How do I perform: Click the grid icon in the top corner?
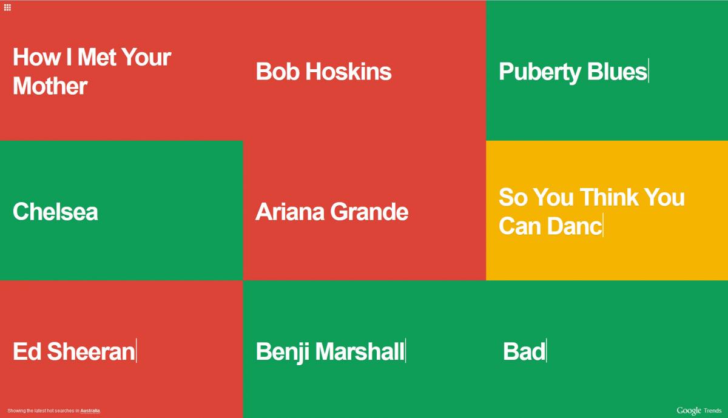[7, 7]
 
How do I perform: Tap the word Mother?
[50, 86]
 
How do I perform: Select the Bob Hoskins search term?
[323, 72]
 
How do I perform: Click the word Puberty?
[539, 72]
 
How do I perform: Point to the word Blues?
[617, 72]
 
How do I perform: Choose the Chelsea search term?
[55, 212]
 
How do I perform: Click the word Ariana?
[290, 212]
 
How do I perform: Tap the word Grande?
[369, 212]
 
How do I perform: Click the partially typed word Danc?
[575, 226]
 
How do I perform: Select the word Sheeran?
[91, 351]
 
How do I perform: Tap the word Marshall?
[360, 351]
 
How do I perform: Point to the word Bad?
[524, 351]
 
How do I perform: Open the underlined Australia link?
[90, 411]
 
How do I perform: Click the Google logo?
[689, 411]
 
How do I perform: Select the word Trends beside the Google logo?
[713, 411]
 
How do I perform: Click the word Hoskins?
[348, 72]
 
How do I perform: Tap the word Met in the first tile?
[97, 57]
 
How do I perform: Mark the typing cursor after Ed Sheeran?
[136, 351]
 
